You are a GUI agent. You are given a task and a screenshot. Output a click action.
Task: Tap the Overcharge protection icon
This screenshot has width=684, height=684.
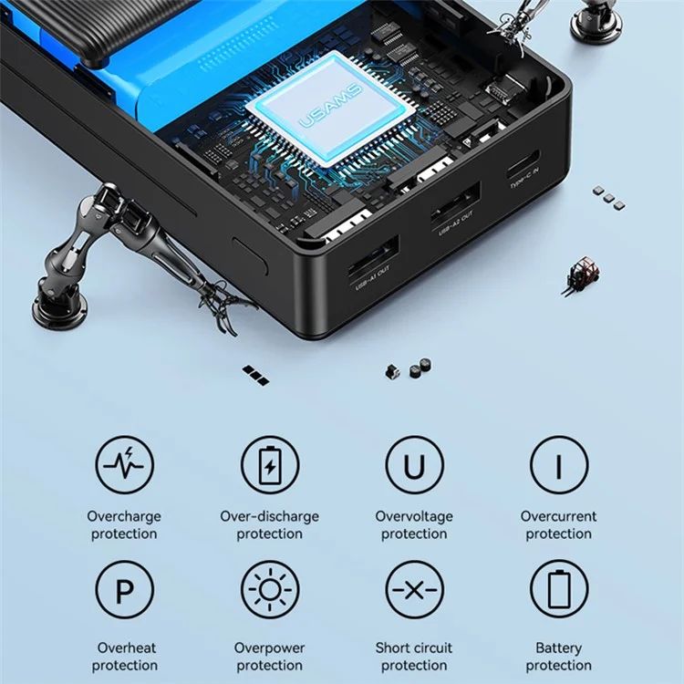coord(125,464)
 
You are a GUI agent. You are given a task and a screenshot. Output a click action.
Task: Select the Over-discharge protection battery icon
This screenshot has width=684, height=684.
coord(270,464)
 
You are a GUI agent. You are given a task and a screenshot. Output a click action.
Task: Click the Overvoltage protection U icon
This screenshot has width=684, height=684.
coord(414,464)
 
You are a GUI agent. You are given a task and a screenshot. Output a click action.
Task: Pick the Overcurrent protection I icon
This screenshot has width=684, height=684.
coord(559,464)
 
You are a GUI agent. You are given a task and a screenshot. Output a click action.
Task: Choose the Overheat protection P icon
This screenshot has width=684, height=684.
coord(125,590)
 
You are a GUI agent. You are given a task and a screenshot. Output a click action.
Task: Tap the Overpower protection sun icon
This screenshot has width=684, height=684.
coord(270,590)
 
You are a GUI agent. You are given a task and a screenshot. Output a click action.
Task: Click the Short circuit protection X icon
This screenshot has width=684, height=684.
coord(414,590)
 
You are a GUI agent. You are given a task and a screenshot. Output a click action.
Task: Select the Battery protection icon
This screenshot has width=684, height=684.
coord(559,590)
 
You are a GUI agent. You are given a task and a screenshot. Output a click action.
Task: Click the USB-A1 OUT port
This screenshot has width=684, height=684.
coord(373,255)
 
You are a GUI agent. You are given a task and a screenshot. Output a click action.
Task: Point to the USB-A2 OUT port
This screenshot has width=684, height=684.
coord(455,202)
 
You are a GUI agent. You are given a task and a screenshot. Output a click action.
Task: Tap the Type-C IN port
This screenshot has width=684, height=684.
coord(523,164)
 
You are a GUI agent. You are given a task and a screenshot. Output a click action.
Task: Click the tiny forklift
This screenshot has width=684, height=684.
coord(582,276)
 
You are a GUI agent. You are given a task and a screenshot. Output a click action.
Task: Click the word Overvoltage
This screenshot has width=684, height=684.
coord(414,516)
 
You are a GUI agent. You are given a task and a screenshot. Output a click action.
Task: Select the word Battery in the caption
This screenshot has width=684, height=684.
coord(559,648)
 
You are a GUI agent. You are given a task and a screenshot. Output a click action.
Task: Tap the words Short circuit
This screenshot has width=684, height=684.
coord(414,648)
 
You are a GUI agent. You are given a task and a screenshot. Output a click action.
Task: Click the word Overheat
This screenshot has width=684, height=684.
coord(127,648)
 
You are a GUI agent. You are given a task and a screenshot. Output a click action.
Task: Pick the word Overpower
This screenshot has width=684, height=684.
coord(270,648)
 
